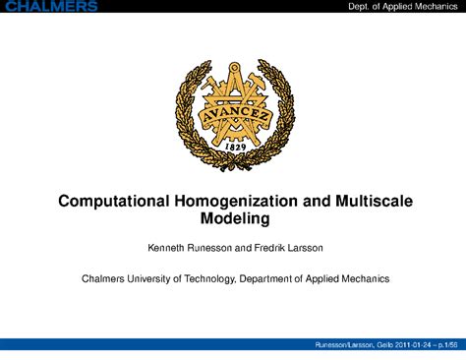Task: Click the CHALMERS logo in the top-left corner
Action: (50, 6)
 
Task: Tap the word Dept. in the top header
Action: (364, 7)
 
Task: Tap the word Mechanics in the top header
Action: (436, 7)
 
